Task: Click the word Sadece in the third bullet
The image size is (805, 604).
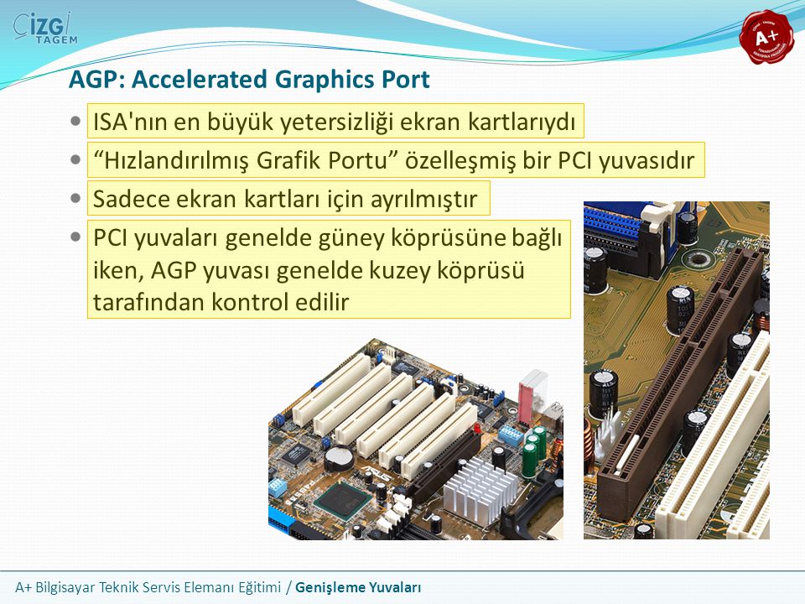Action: click(130, 199)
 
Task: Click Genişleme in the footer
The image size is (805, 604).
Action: click(326, 587)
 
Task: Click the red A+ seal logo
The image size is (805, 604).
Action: click(766, 37)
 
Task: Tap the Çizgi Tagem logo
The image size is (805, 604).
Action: click(45, 29)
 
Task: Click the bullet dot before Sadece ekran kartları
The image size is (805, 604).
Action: click(75, 198)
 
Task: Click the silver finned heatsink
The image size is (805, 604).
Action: click(477, 488)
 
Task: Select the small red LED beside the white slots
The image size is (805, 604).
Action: click(476, 428)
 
